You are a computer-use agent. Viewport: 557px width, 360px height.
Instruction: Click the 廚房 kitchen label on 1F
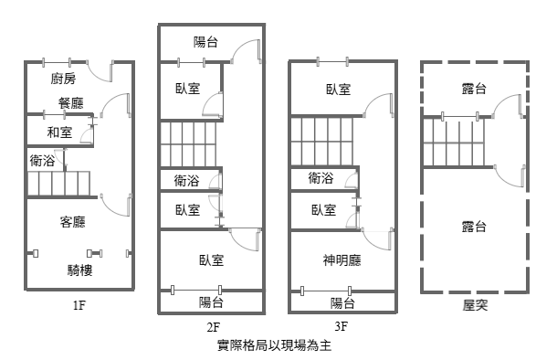click(x=63, y=79)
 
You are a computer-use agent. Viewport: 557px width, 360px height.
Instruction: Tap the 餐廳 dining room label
click(x=71, y=103)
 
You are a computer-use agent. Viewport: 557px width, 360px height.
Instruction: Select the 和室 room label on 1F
click(x=59, y=132)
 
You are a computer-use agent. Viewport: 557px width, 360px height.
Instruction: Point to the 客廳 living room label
click(x=72, y=222)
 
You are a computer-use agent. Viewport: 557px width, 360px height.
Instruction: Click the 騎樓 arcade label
click(x=80, y=270)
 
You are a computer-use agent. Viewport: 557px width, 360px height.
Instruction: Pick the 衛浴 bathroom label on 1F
click(x=42, y=161)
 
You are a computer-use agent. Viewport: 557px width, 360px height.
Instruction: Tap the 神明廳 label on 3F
click(x=342, y=260)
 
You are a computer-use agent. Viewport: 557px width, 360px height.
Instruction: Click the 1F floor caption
click(x=79, y=305)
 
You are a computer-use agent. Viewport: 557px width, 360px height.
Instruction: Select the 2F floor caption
click(x=213, y=327)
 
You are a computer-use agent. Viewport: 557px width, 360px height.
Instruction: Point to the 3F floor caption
click(x=341, y=326)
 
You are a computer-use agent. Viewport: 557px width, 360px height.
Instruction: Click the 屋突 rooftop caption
click(x=475, y=305)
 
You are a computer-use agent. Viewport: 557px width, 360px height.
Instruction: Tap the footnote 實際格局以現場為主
click(x=274, y=345)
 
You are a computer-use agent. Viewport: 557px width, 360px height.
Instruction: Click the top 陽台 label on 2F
click(x=205, y=42)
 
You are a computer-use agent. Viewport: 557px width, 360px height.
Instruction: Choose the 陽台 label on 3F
click(x=342, y=303)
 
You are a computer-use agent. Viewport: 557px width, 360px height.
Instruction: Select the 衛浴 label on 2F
click(x=186, y=181)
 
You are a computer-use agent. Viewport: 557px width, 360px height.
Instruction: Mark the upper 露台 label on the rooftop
click(x=474, y=89)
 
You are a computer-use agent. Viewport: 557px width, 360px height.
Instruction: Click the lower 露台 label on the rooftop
click(x=474, y=227)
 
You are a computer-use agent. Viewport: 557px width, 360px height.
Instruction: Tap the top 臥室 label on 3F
click(x=339, y=90)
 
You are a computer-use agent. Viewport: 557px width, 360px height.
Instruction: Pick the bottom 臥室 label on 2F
click(x=211, y=260)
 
